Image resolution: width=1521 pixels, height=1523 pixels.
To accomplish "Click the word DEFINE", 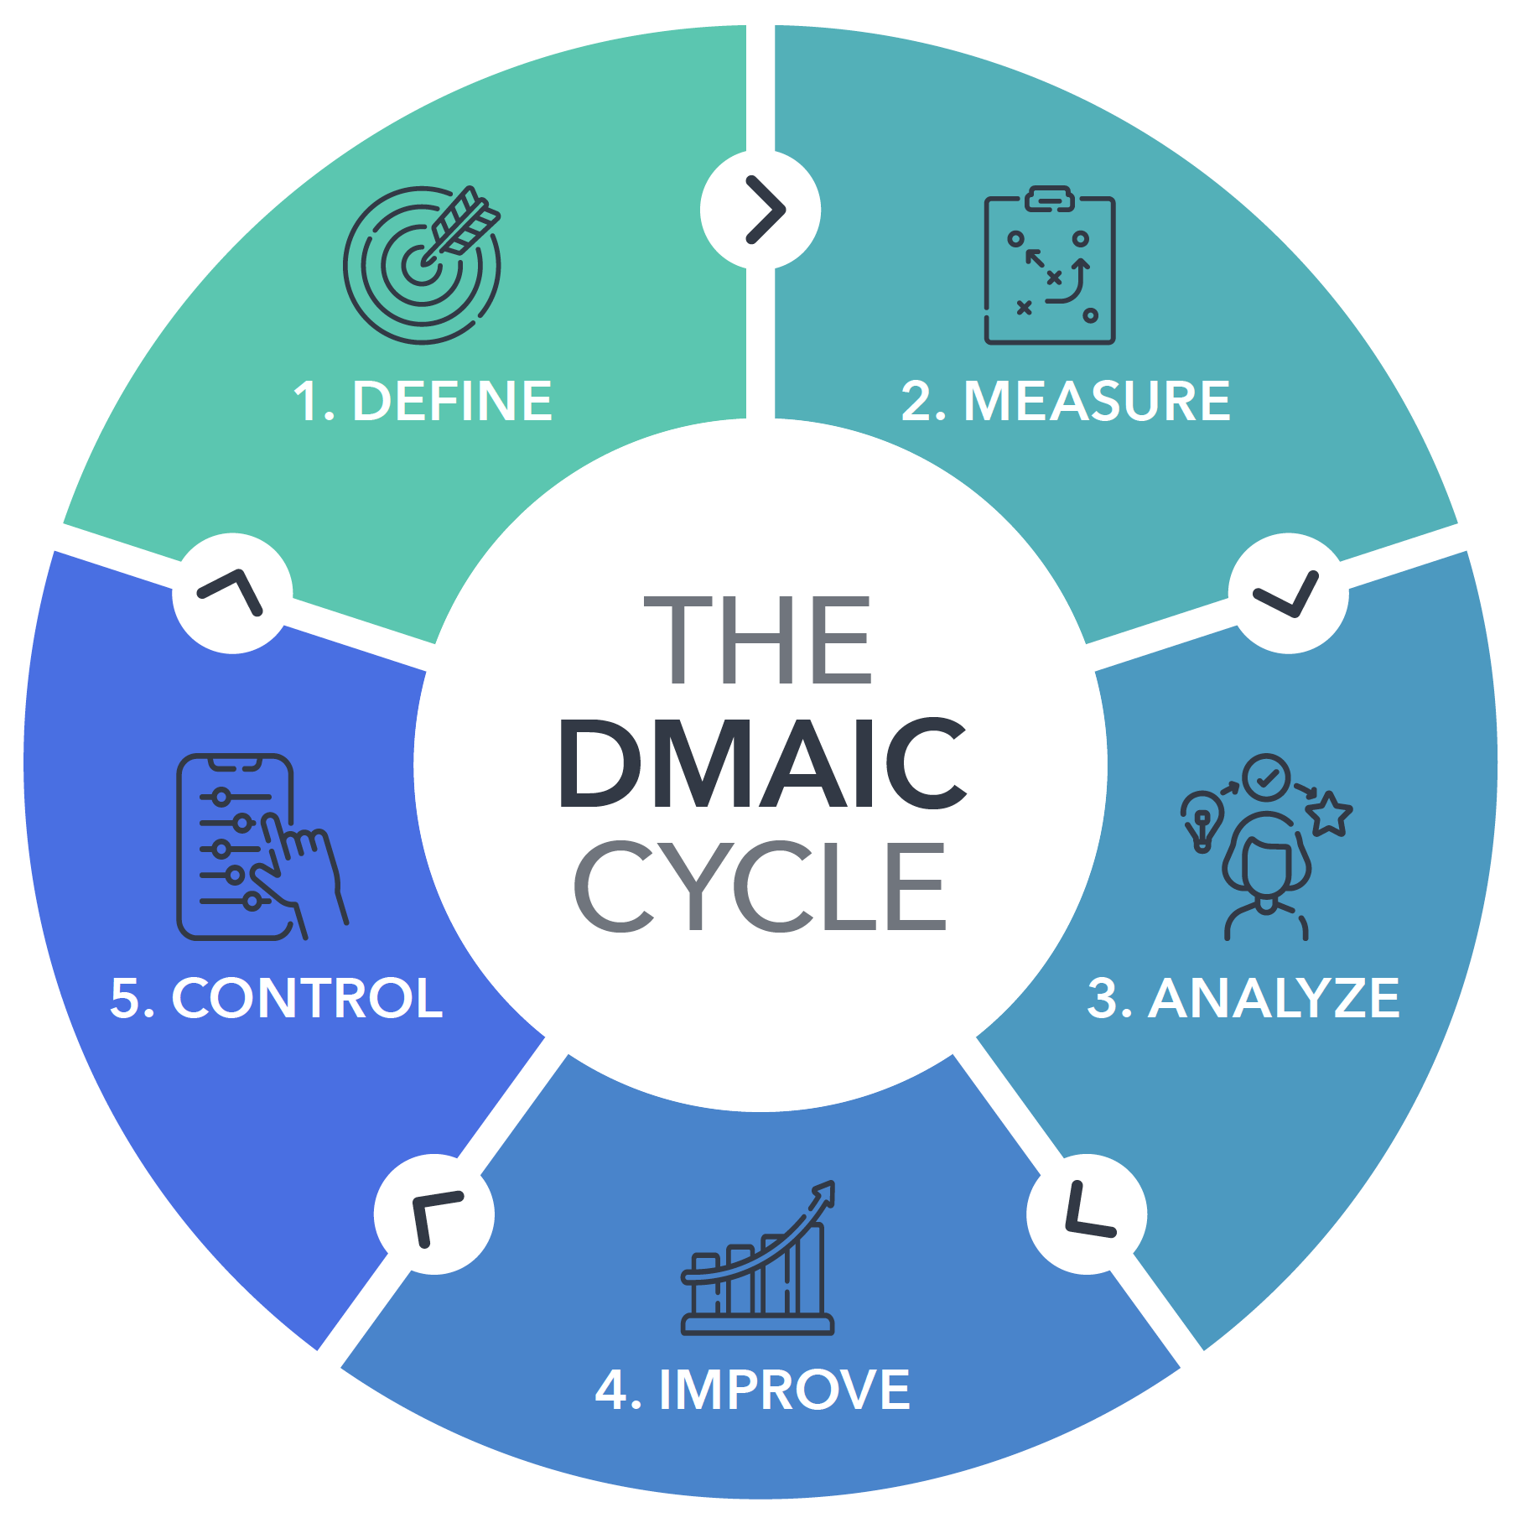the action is tap(453, 401).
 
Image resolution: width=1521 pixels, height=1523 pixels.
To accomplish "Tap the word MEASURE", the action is tap(1098, 401).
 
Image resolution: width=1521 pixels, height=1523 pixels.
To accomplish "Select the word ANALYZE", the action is tap(1274, 998).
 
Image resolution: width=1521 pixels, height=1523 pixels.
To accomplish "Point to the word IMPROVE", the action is tap(785, 1390).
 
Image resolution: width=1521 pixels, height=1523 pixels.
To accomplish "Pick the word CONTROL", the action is tap(307, 998).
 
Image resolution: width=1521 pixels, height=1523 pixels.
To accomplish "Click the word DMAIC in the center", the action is tap(761, 763).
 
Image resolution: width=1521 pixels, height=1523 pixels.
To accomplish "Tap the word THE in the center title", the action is tap(758, 639).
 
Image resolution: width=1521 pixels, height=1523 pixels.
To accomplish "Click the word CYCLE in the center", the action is tap(760, 886).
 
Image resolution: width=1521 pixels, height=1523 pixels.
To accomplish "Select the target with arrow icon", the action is tap(423, 264).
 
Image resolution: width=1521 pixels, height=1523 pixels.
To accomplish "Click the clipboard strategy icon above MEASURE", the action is tap(1050, 265).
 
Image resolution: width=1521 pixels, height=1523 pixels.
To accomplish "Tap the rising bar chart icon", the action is tap(758, 1257).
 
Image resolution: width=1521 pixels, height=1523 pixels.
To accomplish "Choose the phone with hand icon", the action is tap(262, 847).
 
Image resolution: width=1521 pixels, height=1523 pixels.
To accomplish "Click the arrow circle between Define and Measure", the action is tap(760, 210).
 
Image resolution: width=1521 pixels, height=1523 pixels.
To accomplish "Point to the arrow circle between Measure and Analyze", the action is tap(1289, 593).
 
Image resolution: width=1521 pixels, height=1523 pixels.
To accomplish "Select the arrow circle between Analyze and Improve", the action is tap(1087, 1214).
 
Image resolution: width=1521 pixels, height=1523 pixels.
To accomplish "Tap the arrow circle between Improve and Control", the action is tap(434, 1214).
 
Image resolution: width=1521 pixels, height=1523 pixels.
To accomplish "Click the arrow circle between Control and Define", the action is tap(232, 593).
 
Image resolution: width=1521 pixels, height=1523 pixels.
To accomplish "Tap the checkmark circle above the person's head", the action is tap(1267, 777).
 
